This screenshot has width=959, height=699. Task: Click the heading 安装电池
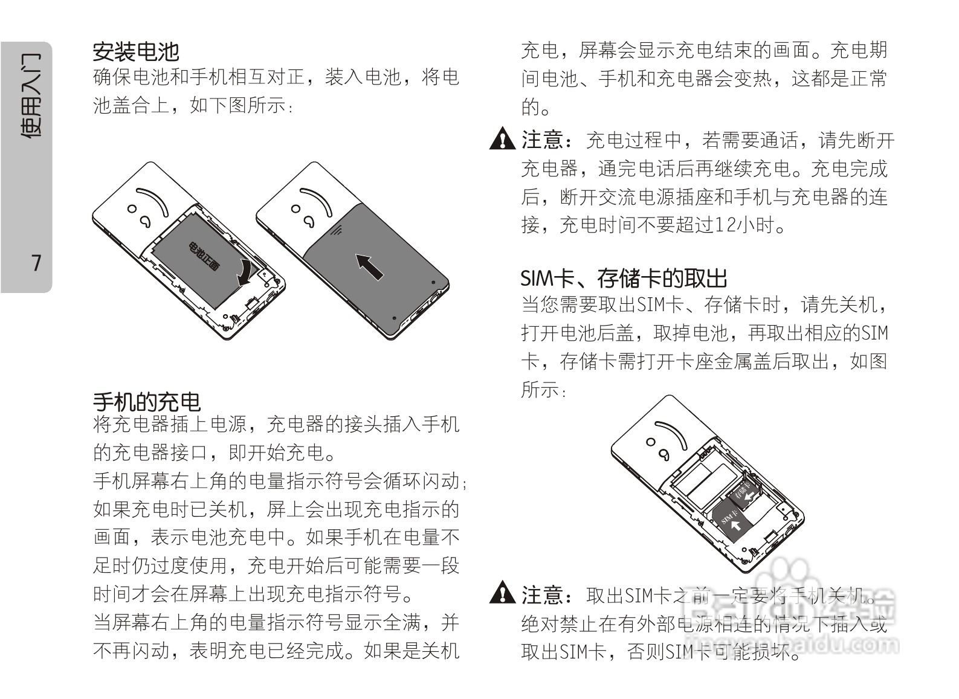pos(135,51)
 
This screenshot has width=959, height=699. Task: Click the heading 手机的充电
pos(146,402)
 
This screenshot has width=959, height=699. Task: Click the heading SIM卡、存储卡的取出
pos(624,279)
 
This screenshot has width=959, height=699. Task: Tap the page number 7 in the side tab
pos(37,263)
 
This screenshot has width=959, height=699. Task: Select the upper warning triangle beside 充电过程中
pos(502,140)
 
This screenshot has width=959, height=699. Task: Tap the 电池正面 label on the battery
pos(204,256)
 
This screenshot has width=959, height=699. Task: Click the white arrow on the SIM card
pos(735,525)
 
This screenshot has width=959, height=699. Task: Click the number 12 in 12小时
pos(723,225)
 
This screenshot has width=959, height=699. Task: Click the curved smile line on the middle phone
pos(318,200)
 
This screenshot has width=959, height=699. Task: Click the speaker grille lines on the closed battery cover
pos(336,230)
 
